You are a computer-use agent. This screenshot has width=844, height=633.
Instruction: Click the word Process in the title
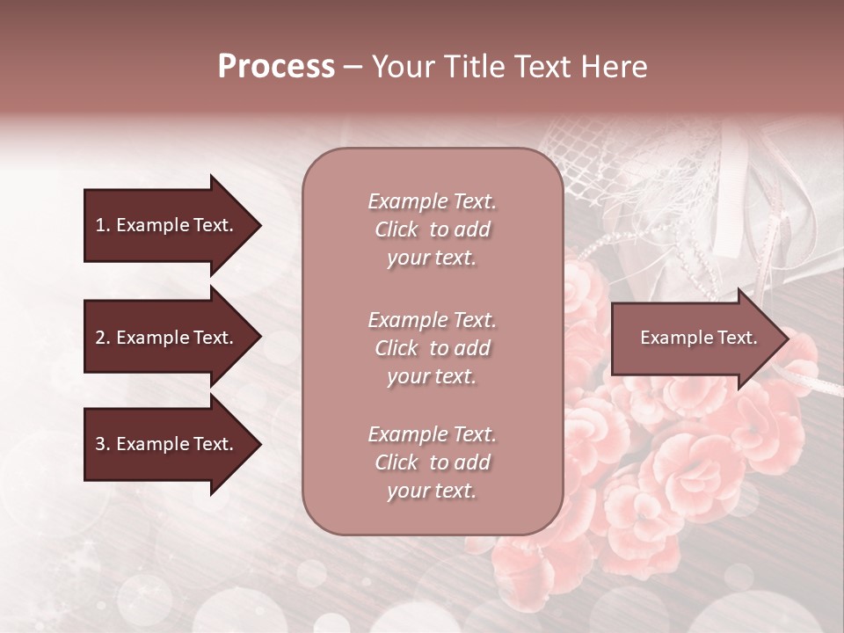pos(276,67)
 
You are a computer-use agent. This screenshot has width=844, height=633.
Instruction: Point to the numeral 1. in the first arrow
pos(102,225)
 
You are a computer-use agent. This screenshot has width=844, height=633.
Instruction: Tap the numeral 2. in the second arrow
pos(102,338)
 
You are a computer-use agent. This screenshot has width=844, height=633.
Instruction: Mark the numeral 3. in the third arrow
pos(102,444)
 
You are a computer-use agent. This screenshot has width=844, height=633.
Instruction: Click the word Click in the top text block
pos(397,229)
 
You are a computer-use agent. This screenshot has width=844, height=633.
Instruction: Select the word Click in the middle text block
pos(397,348)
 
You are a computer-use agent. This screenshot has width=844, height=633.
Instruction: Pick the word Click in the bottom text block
pos(397,462)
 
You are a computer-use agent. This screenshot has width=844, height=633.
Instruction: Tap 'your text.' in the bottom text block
pos(432,491)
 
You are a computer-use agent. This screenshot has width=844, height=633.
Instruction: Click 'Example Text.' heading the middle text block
pos(432,320)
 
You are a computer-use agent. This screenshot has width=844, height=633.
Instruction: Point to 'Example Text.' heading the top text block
pos(432,201)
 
